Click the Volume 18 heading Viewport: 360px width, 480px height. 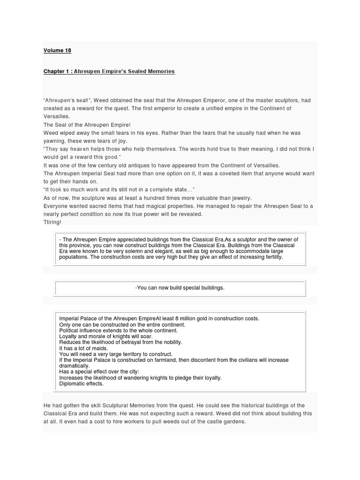coord(57,50)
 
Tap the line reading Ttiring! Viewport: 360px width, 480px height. coord(52,222)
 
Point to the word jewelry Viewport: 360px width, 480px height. coord(239,198)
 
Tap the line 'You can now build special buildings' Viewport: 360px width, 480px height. coord(180,288)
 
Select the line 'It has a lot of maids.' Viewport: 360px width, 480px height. coord(83,348)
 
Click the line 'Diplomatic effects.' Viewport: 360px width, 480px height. coord(82,384)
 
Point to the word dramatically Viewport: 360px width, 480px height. coord(74,366)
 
